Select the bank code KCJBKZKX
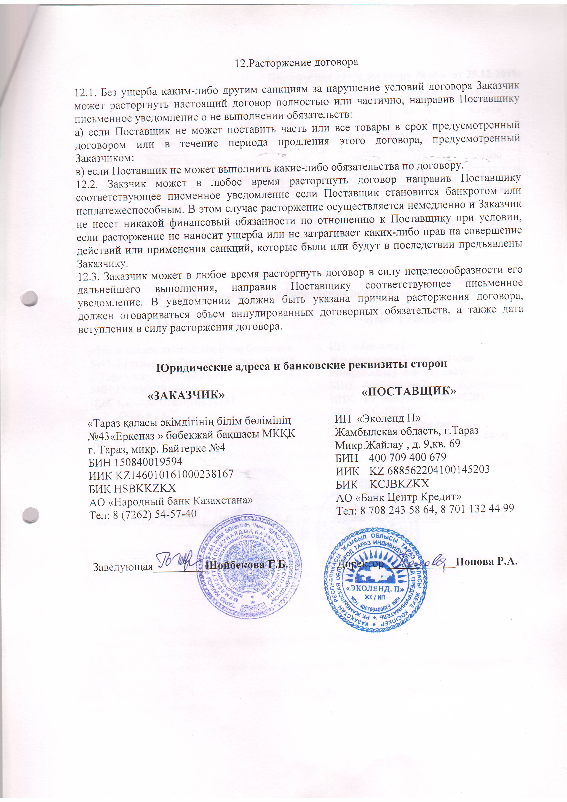399,484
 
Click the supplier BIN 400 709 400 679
407,457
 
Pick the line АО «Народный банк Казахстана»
171,501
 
